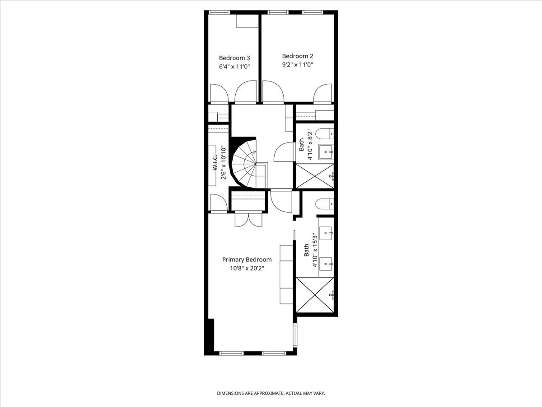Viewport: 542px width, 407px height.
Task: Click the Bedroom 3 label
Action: (x=234, y=58)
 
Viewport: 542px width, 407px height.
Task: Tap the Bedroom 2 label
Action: (x=298, y=56)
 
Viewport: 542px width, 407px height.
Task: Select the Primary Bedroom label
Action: (x=247, y=260)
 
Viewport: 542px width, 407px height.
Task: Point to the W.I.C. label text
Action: (x=215, y=162)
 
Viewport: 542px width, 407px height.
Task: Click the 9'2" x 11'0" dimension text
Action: (x=298, y=65)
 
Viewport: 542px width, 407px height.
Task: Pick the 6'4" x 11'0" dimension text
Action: (x=234, y=67)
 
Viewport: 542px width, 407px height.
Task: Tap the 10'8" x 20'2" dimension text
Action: (x=247, y=268)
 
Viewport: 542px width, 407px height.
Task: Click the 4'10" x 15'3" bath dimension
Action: (x=315, y=250)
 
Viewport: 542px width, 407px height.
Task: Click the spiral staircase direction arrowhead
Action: (x=254, y=152)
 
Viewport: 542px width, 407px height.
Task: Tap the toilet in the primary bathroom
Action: (x=325, y=203)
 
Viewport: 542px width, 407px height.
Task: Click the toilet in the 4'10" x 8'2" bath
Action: (x=325, y=134)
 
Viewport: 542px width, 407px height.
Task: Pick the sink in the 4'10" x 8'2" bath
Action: (x=326, y=152)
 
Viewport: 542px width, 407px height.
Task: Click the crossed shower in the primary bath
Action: (x=315, y=294)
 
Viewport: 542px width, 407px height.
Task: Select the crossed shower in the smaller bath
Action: (x=315, y=176)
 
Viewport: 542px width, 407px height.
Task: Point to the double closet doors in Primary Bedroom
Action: (x=248, y=219)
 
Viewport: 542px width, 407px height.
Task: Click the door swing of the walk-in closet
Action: (x=219, y=203)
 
